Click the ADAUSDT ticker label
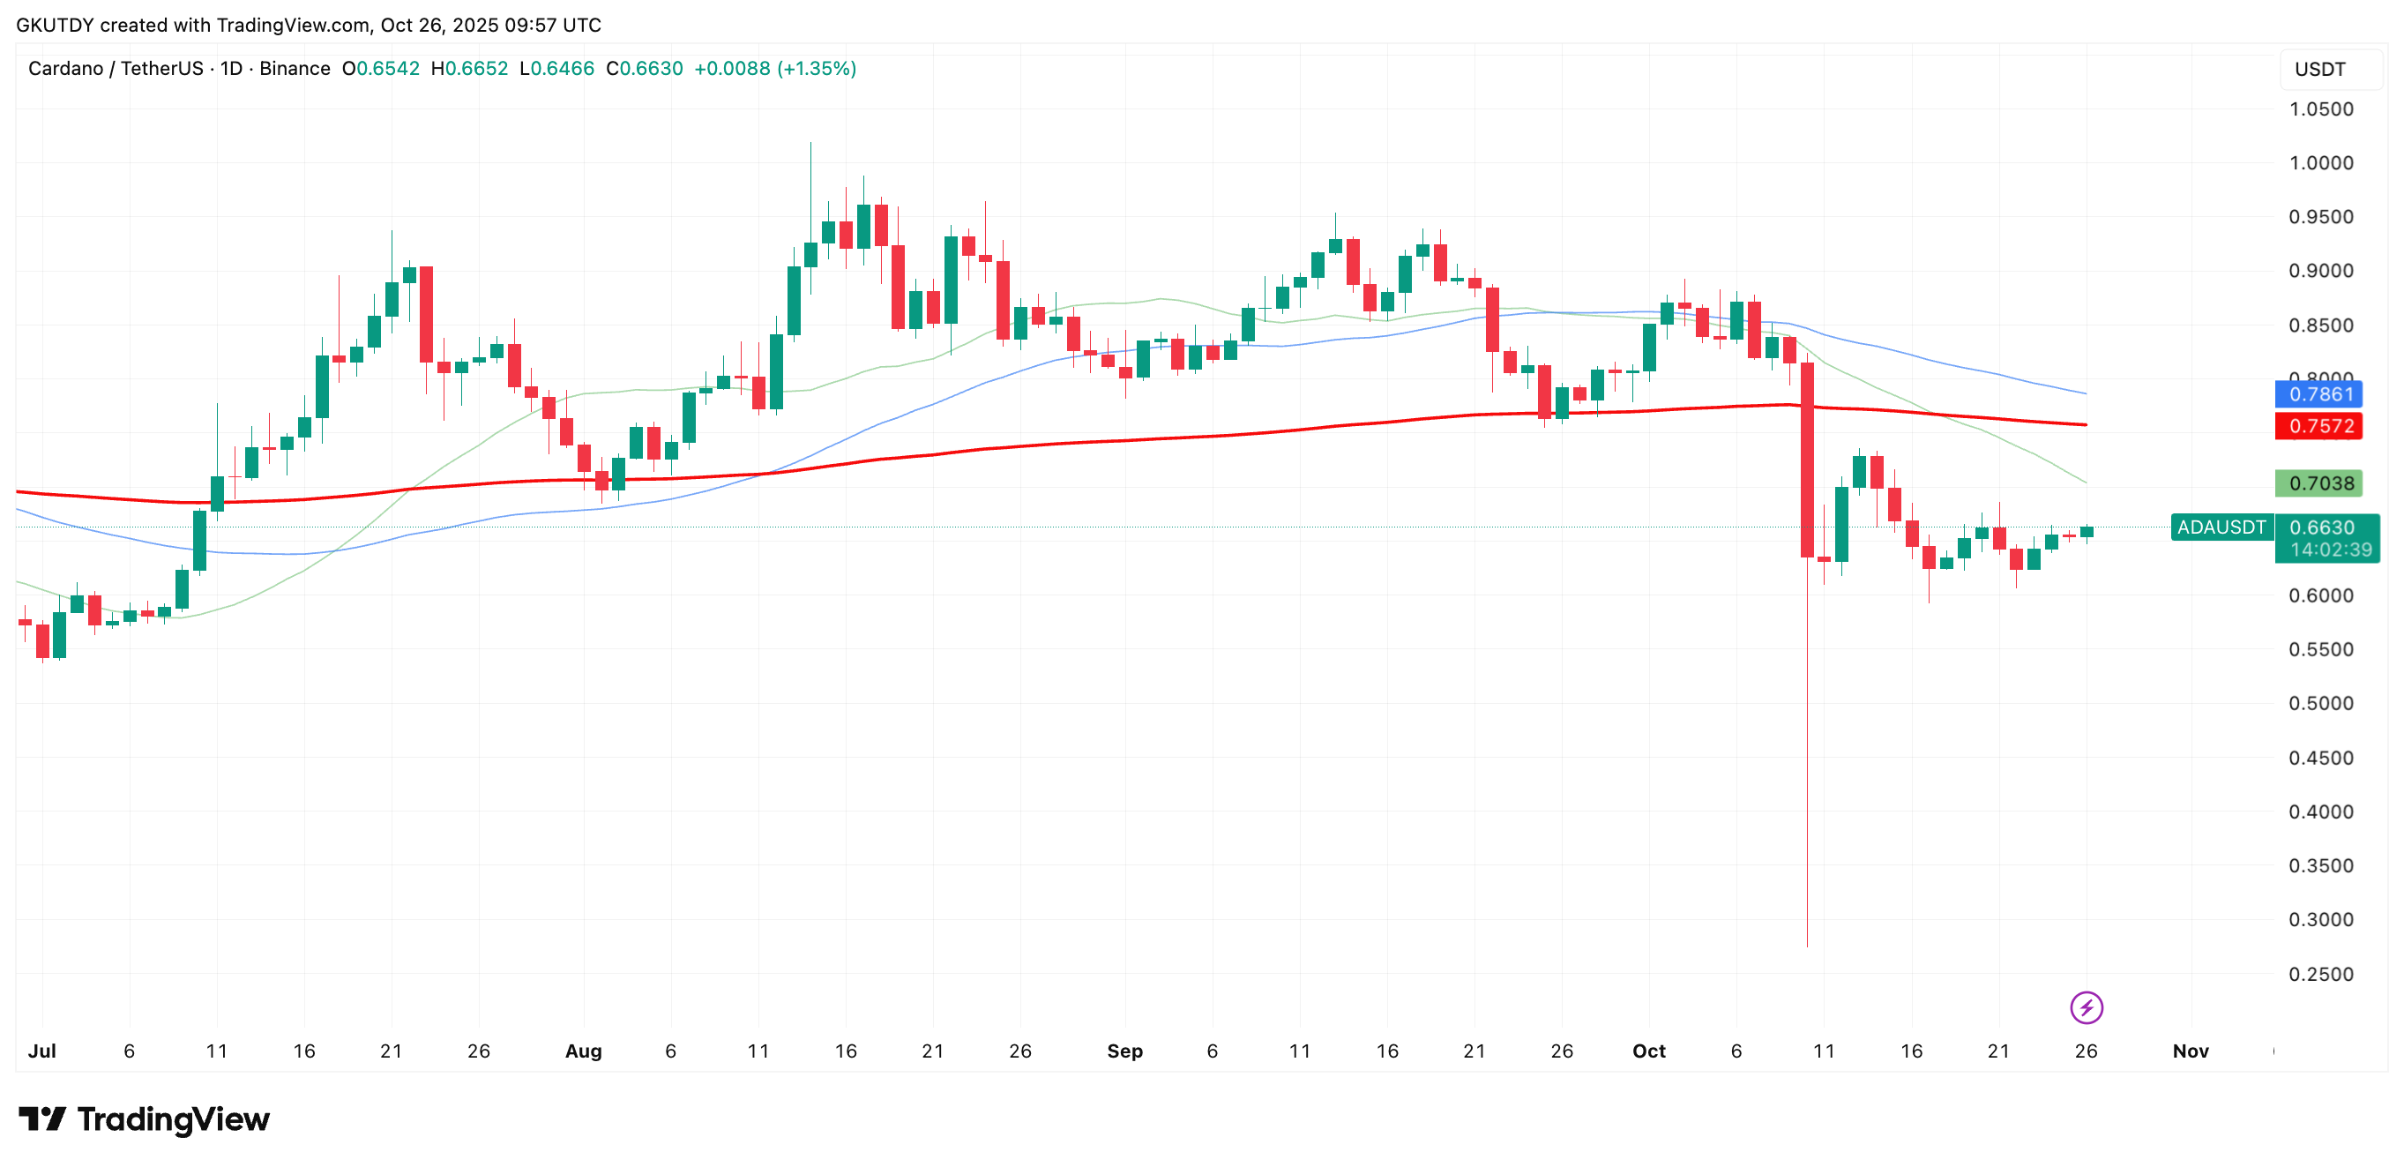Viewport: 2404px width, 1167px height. pyautogui.click(x=2221, y=527)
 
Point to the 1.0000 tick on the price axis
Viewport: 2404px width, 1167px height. pyautogui.click(x=2320, y=163)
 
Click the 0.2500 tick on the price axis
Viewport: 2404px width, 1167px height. pyautogui.click(x=2320, y=975)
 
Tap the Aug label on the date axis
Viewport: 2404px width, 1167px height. pyautogui.click(x=583, y=1051)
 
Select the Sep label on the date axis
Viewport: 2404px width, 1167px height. pyautogui.click(x=1124, y=1051)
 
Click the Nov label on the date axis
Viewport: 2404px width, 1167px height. pyautogui.click(x=2191, y=1051)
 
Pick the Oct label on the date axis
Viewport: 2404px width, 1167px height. pyautogui.click(x=1648, y=1051)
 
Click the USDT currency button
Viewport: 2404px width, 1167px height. pyautogui.click(x=2320, y=70)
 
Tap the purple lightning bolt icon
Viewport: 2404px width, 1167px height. pyautogui.click(x=2086, y=1008)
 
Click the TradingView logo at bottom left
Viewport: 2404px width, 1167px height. pyautogui.click(x=145, y=1118)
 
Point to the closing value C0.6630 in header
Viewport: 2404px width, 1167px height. pyautogui.click(x=644, y=69)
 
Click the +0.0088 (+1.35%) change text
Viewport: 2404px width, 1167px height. pyautogui.click(x=774, y=69)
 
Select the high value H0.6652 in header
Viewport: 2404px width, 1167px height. pyautogui.click(x=469, y=69)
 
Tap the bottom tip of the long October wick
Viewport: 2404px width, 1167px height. pyautogui.click(x=1807, y=946)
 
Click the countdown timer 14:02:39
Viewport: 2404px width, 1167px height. pyautogui.click(x=2330, y=550)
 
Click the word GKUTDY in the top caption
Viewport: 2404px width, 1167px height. pyautogui.click(x=55, y=26)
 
